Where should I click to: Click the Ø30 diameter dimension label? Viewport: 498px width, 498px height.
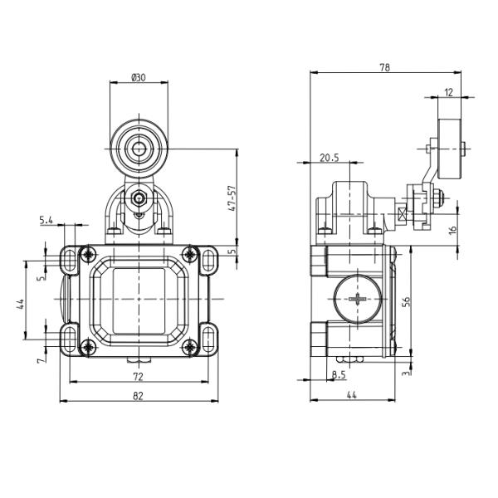click(139, 77)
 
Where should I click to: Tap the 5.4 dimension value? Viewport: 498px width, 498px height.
click(46, 220)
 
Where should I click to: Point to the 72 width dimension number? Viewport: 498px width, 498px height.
click(138, 376)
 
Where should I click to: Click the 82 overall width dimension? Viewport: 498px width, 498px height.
click(138, 396)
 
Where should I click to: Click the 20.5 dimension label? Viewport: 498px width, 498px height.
click(330, 158)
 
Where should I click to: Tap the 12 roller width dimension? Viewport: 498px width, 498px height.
click(449, 92)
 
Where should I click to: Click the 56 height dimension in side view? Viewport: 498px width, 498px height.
click(405, 302)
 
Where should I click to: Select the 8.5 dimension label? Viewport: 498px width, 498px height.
click(338, 375)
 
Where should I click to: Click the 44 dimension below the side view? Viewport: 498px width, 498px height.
click(352, 396)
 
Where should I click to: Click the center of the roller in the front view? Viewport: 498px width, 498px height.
click(139, 150)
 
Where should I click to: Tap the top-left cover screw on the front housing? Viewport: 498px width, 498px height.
click(86, 253)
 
